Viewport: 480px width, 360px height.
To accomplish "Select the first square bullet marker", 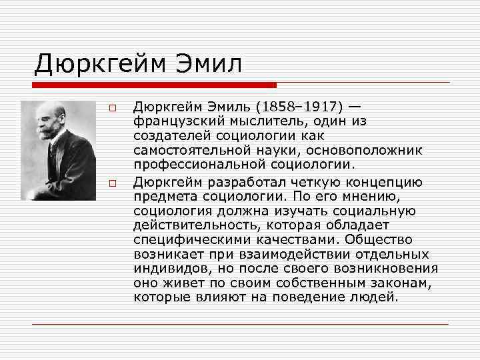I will (113, 108).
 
